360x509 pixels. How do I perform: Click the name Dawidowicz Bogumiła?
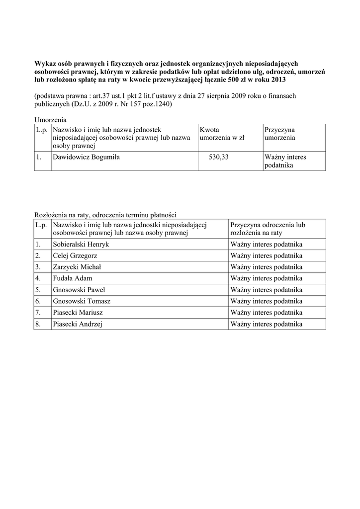click(x=86, y=157)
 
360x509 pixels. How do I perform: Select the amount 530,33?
click(x=219, y=157)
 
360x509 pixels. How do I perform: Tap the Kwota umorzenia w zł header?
click(x=222, y=134)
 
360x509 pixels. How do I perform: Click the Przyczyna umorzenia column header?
click(x=280, y=134)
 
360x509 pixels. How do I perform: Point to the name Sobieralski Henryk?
click(x=81, y=245)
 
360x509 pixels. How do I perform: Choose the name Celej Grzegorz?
click(x=75, y=256)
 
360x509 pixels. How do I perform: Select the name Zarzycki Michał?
click(x=77, y=267)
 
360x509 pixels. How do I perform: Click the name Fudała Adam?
click(x=72, y=278)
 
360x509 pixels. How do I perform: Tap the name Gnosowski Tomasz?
click(x=82, y=301)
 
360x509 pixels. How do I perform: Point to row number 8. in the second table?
click(x=38, y=324)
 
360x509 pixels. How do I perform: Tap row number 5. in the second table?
click(x=38, y=290)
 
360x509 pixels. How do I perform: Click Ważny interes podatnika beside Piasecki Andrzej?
click(x=266, y=324)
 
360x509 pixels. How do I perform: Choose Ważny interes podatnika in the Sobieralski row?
click(x=266, y=245)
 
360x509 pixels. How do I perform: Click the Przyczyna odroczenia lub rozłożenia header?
click(x=268, y=229)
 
